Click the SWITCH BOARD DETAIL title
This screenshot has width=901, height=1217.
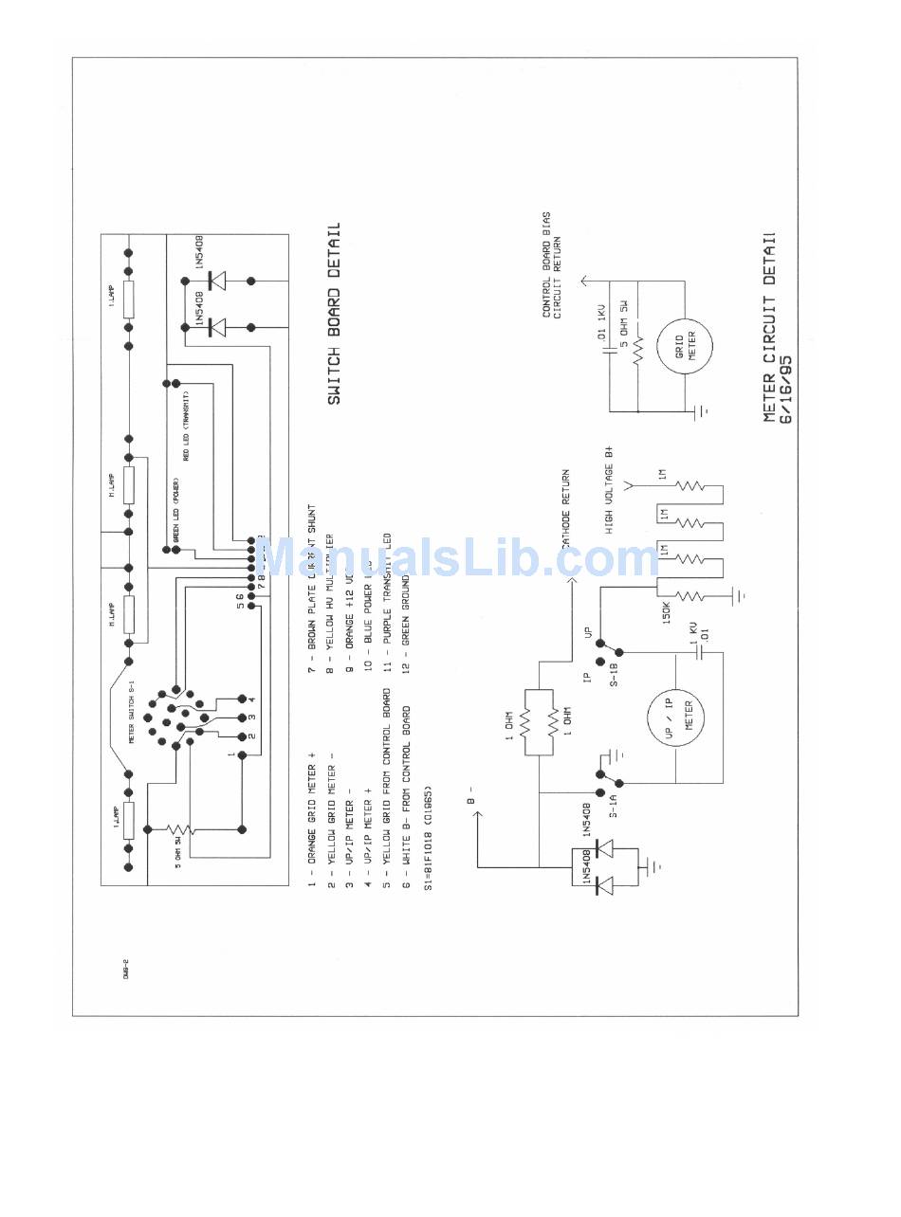334,314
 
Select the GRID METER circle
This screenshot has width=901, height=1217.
684,343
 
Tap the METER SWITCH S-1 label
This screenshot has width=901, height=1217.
132,711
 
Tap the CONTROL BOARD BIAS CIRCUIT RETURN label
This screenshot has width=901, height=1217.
553,265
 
